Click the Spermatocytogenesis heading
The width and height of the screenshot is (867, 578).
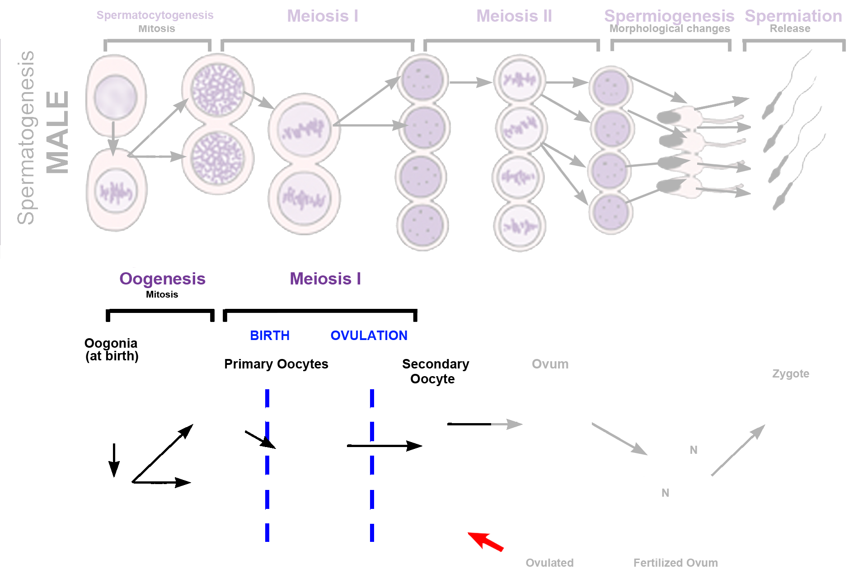(x=155, y=15)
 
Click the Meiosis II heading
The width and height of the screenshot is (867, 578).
(x=514, y=16)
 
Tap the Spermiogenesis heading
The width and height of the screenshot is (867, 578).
(x=669, y=16)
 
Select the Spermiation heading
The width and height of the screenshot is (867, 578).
(x=793, y=16)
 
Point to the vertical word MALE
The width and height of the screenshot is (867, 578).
(x=58, y=132)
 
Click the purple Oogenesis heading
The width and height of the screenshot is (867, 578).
(x=162, y=279)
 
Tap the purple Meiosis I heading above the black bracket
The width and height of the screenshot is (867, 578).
(x=325, y=279)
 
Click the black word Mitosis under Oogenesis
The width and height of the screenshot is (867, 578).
(x=162, y=294)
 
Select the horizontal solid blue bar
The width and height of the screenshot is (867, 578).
(x=328, y=335)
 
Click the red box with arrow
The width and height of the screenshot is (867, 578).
(x=484, y=541)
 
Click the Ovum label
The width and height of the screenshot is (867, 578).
(x=550, y=364)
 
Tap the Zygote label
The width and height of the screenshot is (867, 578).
(x=790, y=374)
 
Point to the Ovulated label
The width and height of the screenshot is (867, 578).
(x=549, y=563)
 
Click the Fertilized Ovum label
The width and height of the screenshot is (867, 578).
(x=675, y=563)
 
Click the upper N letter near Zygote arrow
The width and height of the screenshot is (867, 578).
(x=693, y=450)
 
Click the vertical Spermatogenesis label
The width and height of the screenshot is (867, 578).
(x=26, y=137)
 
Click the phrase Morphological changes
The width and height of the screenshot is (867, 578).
(x=669, y=29)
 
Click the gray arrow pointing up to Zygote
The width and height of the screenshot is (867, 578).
(x=738, y=450)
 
